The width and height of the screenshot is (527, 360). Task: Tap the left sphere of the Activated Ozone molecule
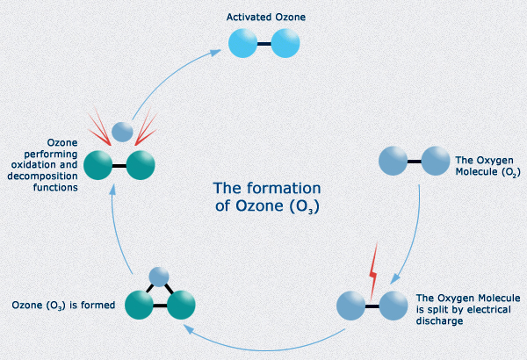point(243,43)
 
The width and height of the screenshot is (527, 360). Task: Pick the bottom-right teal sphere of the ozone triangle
point(180,305)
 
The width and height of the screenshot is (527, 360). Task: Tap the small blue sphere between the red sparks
point(124,131)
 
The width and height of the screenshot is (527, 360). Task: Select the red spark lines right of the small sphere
point(147,125)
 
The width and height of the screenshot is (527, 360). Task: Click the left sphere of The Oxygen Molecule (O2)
point(393,160)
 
